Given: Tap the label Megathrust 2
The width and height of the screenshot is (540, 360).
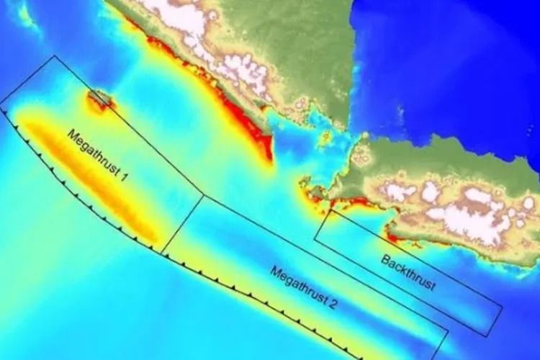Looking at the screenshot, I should point(304,288).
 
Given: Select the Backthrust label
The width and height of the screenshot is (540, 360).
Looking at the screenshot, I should point(408,273).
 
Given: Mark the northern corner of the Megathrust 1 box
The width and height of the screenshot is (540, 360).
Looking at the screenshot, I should point(55,56).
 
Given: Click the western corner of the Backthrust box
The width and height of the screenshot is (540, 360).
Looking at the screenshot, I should point(315,240).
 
